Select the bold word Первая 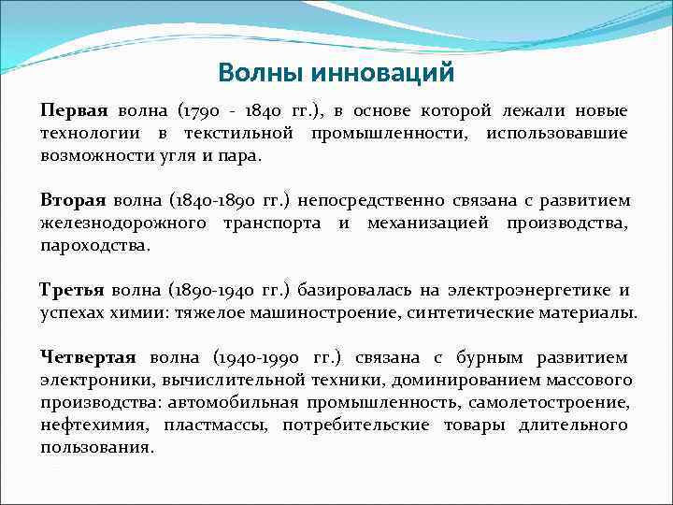(x=75, y=111)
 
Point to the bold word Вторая (x=73, y=201)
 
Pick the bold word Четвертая (x=88, y=357)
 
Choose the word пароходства (x=94, y=246)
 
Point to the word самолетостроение (x=551, y=402)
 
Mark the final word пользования (x=96, y=447)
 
